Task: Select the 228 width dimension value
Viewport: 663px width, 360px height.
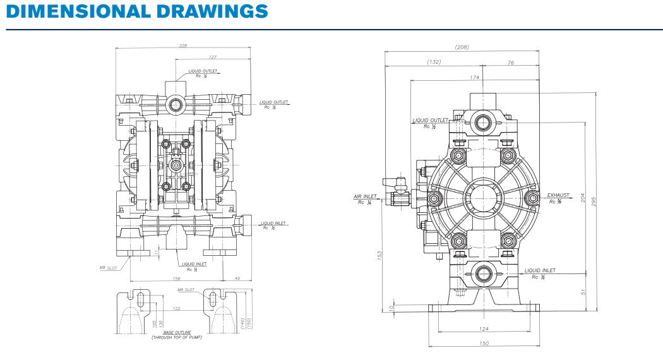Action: point(183,45)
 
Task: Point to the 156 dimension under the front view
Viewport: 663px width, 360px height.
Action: point(176,278)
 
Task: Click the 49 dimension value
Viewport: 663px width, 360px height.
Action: point(238,278)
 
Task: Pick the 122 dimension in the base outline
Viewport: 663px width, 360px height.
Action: point(177,308)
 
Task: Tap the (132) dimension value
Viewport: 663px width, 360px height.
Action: point(434,62)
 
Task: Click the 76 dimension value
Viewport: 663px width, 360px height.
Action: point(510,62)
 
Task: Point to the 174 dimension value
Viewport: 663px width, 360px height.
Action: point(475,77)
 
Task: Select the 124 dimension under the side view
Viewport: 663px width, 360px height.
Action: point(484,328)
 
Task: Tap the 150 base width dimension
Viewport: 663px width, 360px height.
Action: point(484,343)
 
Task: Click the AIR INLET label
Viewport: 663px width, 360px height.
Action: point(365,196)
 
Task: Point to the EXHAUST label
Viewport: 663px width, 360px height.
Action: point(558,196)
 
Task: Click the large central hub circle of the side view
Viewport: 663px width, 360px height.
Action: point(484,198)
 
